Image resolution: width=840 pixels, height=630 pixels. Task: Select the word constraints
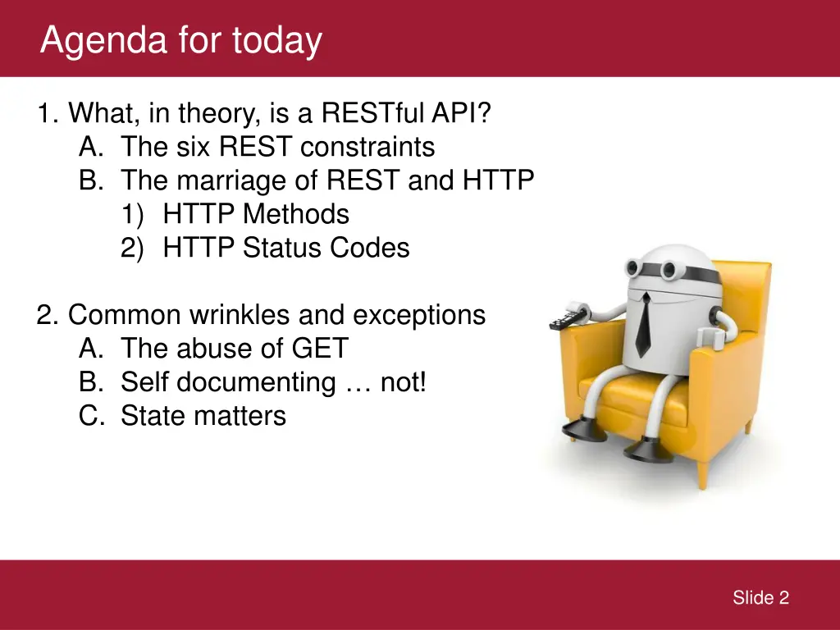tap(367, 147)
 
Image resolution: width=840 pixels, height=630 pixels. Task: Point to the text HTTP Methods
tap(256, 214)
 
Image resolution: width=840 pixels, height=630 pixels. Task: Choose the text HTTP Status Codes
tap(285, 248)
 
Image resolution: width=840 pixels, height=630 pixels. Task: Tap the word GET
tap(321, 349)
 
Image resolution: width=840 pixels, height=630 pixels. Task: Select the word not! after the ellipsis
tap(404, 382)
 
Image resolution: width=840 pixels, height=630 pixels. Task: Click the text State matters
tap(203, 416)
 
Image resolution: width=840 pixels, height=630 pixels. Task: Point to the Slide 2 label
tap(760, 598)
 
